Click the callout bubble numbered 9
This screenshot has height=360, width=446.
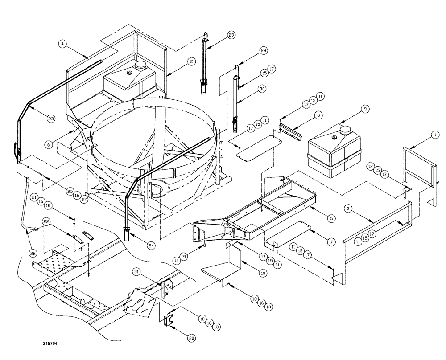coord(364,108)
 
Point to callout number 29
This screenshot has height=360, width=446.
coord(231,35)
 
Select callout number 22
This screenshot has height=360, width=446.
coord(46,221)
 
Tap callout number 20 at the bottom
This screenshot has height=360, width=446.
coord(192,339)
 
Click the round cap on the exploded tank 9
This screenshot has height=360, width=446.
coord(345,130)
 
